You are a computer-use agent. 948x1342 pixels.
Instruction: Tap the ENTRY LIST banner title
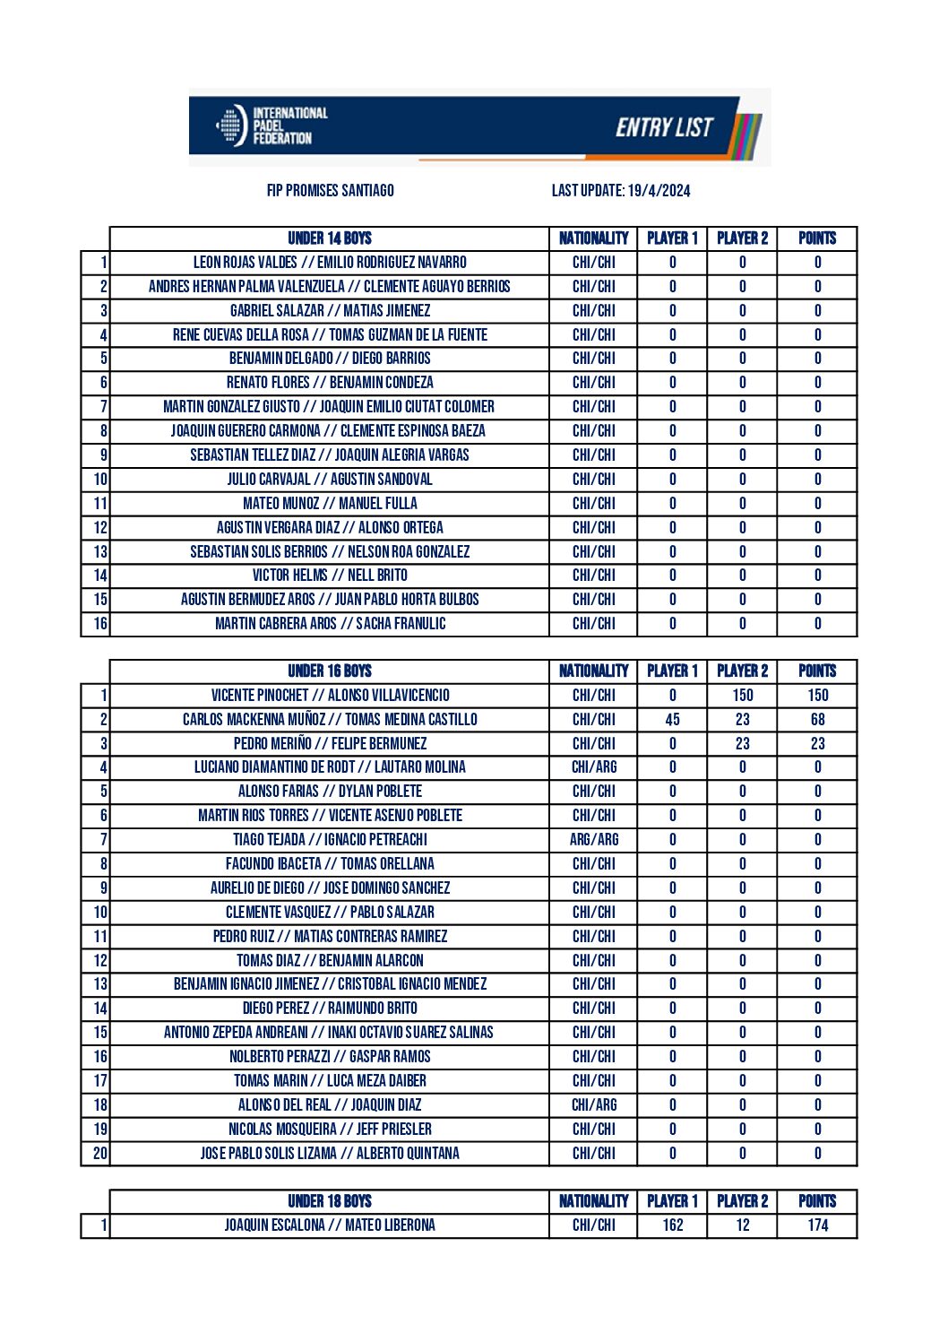tap(664, 127)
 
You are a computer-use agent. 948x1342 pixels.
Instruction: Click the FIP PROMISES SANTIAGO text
tap(330, 190)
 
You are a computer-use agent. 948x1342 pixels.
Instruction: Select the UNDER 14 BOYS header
tap(330, 238)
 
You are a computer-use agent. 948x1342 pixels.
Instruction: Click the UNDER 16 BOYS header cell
tap(330, 671)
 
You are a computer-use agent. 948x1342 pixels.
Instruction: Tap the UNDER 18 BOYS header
tap(330, 1201)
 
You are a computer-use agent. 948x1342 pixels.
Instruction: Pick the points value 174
tap(817, 1225)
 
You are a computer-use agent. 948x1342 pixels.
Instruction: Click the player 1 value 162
tap(673, 1225)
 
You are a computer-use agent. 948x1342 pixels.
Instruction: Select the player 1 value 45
tap(673, 720)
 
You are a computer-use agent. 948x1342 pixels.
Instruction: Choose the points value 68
tap(817, 720)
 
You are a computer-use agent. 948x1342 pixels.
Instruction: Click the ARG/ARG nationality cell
tap(594, 840)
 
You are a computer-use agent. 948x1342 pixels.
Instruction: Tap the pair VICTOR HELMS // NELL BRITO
tap(330, 576)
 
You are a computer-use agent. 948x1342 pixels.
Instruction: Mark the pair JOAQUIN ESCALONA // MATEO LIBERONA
tap(330, 1225)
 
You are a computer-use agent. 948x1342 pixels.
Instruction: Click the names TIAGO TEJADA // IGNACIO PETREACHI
tap(330, 840)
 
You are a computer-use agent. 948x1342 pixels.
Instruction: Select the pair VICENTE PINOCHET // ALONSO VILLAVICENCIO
tap(330, 696)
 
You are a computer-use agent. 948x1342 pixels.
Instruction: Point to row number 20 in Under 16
tap(99, 1154)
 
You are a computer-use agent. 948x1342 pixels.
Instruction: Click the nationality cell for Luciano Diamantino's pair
tap(594, 767)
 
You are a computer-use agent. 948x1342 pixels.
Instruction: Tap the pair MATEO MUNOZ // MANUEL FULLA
tap(330, 504)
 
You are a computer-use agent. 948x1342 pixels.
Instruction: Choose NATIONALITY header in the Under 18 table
tap(594, 1201)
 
